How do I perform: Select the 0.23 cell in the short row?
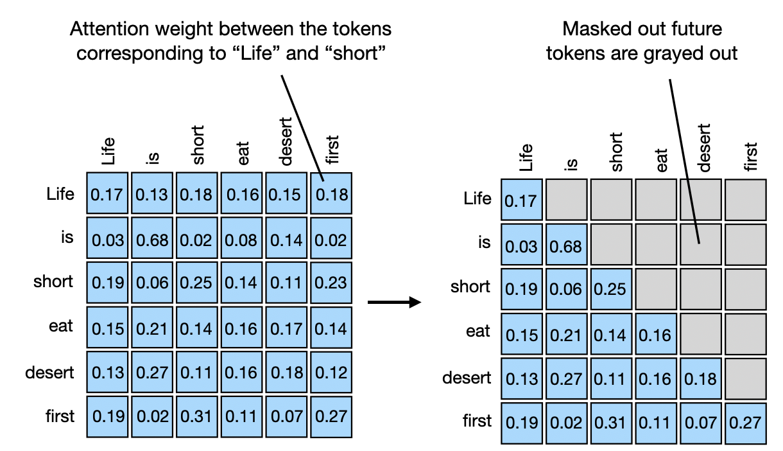(x=331, y=283)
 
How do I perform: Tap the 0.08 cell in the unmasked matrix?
(x=242, y=240)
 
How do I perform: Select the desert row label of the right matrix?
(x=467, y=378)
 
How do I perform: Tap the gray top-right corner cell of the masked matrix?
(x=745, y=200)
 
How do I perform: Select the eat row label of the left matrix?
(x=60, y=326)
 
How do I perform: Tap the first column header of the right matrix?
(x=752, y=157)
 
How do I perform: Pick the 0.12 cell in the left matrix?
(x=331, y=373)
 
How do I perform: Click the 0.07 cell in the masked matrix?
(x=700, y=423)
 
